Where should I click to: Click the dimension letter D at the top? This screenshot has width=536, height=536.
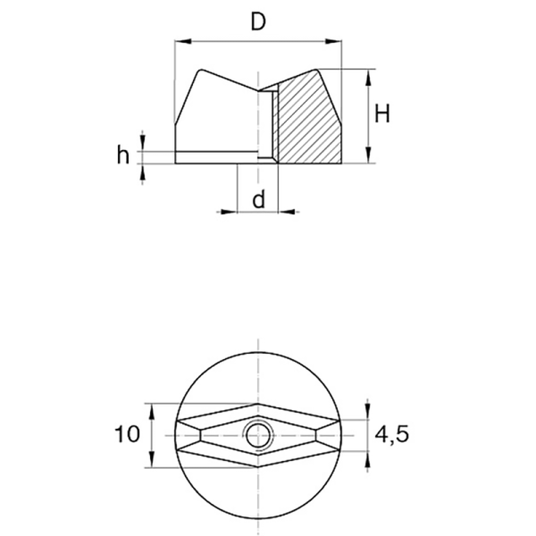click(x=258, y=22)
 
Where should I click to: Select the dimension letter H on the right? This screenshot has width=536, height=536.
click(x=382, y=113)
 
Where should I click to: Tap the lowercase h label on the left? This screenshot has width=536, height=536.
click(x=123, y=155)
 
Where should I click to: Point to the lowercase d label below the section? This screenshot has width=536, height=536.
click(x=259, y=198)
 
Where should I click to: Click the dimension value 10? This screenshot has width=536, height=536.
click(x=127, y=434)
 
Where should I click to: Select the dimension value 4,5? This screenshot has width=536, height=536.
click(x=392, y=434)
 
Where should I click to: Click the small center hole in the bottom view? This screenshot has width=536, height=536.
click(x=258, y=436)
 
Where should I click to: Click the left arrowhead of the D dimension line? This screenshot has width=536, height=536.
click(x=182, y=41)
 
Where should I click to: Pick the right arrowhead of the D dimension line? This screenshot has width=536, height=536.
click(x=333, y=41)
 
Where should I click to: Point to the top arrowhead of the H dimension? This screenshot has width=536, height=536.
click(x=368, y=77)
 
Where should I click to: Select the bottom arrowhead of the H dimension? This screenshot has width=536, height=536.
click(x=368, y=155)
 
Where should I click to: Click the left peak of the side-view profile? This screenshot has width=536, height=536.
click(x=200, y=70)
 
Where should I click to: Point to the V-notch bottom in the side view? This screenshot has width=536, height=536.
click(x=258, y=91)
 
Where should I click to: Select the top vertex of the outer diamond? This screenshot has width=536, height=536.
click(x=258, y=404)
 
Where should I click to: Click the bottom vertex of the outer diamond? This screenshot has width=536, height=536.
click(x=258, y=467)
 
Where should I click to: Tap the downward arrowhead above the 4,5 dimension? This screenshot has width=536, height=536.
click(x=367, y=412)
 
